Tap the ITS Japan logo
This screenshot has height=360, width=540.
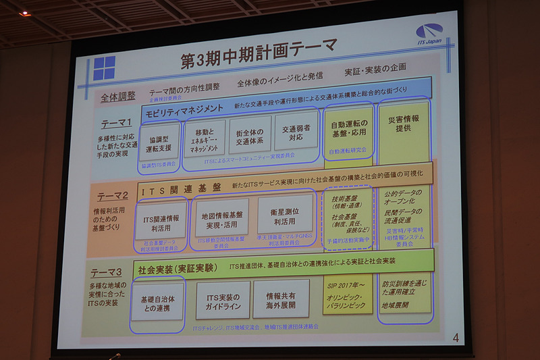tap(429, 34)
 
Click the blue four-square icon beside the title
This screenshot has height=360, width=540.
tap(104, 68)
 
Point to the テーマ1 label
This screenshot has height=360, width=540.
tap(117, 123)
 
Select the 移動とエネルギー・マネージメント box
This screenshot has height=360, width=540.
tap(204, 140)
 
